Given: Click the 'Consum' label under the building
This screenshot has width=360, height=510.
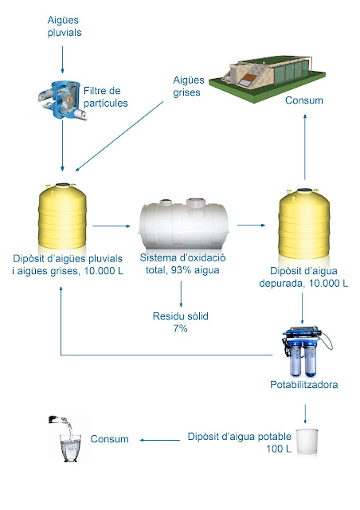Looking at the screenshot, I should pos(304,100).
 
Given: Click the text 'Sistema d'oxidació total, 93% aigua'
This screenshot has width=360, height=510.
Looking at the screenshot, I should pos(181,265).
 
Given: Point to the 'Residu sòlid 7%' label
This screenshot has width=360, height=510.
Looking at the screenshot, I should pos(181,322).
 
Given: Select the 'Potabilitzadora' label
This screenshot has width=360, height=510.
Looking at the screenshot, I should pos(305,386).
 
